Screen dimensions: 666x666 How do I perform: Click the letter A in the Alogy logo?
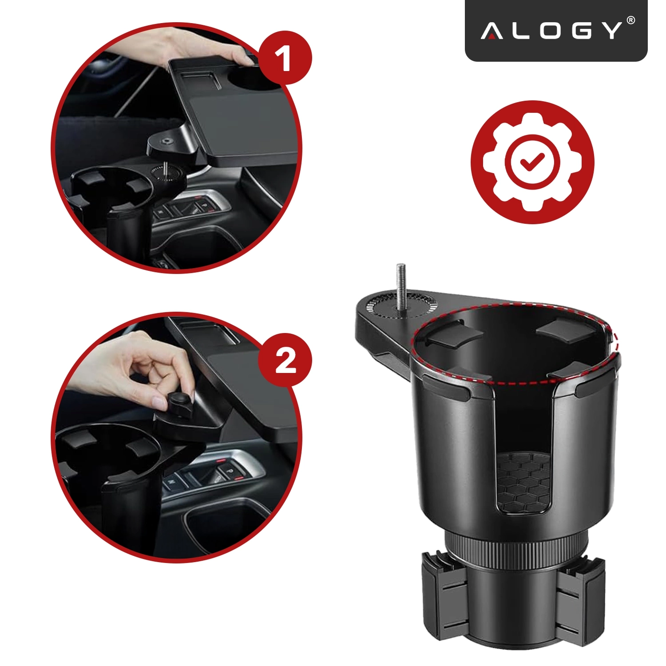click(x=492, y=32)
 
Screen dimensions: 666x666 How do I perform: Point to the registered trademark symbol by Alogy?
click(x=630, y=20)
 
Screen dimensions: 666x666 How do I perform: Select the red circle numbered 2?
click(x=285, y=360)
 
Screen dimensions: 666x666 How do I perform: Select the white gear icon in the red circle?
click(x=532, y=162)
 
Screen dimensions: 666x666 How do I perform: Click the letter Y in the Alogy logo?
click(x=612, y=32)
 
